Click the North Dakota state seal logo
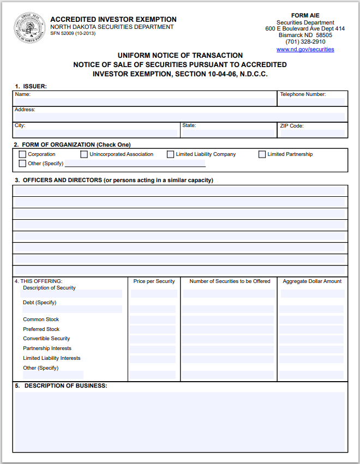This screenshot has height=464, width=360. [x=29, y=27]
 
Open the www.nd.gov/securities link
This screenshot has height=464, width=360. [x=305, y=50]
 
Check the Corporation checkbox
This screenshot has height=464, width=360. [x=22, y=154]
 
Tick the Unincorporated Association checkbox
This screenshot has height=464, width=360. [x=84, y=154]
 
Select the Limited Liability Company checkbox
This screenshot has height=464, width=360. [x=171, y=154]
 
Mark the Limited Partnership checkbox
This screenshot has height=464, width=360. [x=262, y=154]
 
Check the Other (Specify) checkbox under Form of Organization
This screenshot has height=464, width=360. [x=22, y=164]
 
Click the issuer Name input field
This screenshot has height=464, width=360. [x=145, y=101]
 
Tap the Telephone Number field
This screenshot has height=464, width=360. [x=312, y=101]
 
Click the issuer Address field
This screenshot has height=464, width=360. [x=180, y=117]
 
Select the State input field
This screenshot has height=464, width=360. [x=228, y=133]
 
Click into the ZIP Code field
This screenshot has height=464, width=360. [x=312, y=133]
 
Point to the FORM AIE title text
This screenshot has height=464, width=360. [x=305, y=15]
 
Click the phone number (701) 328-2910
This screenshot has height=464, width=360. [x=305, y=42]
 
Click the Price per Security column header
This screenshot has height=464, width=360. [x=154, y=281]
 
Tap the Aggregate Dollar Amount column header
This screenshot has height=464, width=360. [x=312, y=281]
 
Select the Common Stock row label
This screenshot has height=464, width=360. [x=41, y=320]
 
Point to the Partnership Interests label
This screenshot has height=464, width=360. [x=47, y=348]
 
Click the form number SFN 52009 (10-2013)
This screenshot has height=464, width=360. [x=73, y=34]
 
